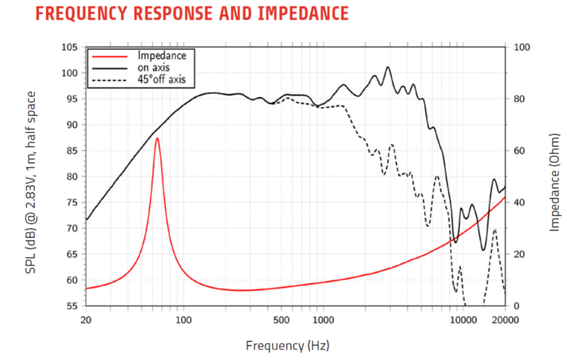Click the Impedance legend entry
[162, 55]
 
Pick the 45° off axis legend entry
[162, 79]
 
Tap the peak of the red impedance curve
[157, 138]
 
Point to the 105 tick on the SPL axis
[68, 47]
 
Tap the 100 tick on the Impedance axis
[521, 47]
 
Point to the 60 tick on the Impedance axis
[519, 151]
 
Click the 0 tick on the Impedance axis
[516, 306]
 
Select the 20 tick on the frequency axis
[86, 320]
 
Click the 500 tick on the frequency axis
[281, 320]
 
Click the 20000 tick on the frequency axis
[505, 320]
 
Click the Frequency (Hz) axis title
[288, 346]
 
